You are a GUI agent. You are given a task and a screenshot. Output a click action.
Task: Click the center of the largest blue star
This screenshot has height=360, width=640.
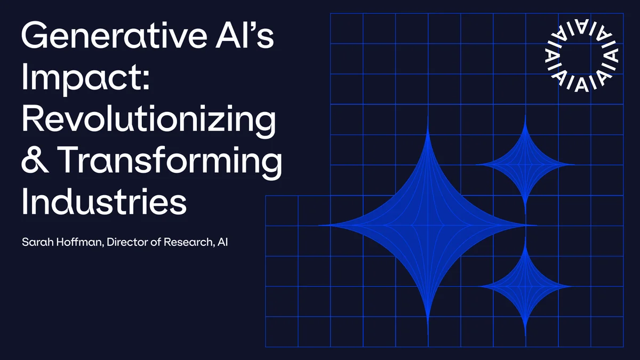[x=428, y=225]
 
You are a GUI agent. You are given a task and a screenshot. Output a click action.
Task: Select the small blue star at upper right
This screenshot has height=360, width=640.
[x=525, y=164]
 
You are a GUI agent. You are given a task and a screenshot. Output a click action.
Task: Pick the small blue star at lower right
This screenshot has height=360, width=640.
[x=525, y=286]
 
